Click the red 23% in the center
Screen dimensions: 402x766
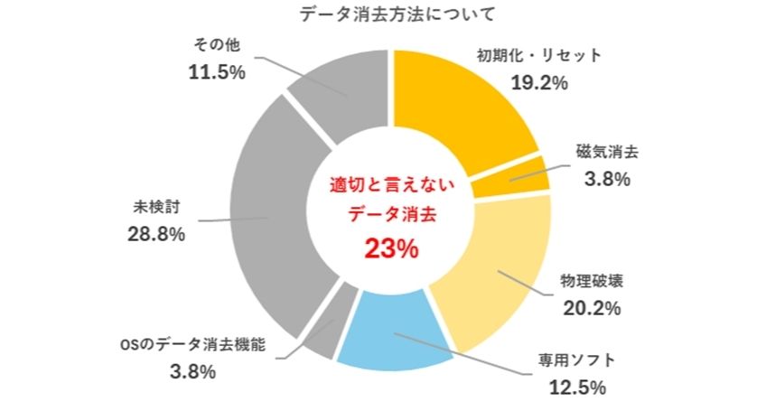(x=391, y=248)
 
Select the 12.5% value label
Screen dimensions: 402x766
(x=576, y=388)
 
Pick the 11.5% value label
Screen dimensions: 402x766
(x=216, y=72)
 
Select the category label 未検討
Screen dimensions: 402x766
(x=157, y=207)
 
